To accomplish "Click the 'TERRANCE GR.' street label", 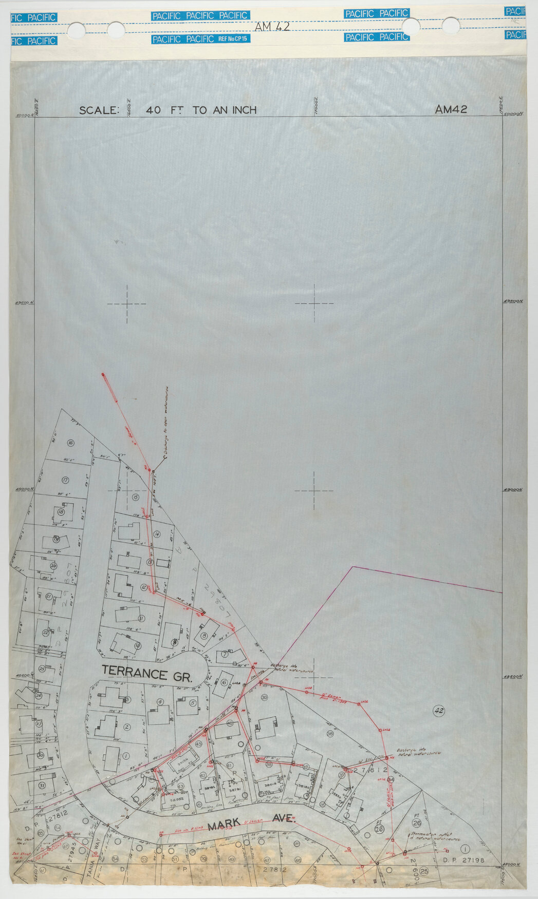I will click(x=147, y=672).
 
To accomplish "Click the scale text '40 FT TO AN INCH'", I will click(x=201, y=110).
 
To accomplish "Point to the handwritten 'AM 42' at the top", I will click(x=272, y=27).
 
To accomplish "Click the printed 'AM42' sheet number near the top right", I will click(x=451, y=109).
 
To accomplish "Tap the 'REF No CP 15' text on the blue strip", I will click(x=233, y=39).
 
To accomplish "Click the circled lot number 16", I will click(x=70, y=443).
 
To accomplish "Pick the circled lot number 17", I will click(x=65, y=481).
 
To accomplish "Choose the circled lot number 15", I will click(x=136, y=497).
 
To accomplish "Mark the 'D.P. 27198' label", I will click(x=463, y=859).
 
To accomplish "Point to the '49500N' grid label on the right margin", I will click(x=513, y=302).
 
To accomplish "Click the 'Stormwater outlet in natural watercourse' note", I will click(x=434, y=837).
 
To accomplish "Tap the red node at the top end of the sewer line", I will click(x=103, y=375).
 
